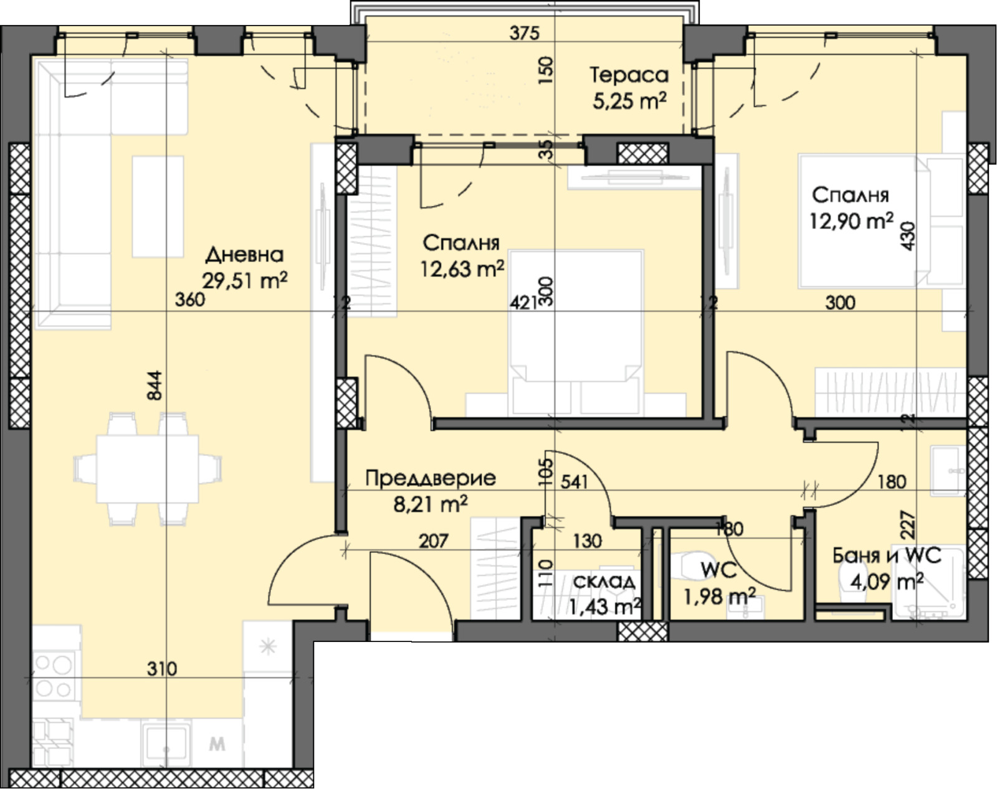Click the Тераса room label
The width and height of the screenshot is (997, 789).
(x=629, y=75)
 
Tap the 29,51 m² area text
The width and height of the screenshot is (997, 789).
(x=244, y=281)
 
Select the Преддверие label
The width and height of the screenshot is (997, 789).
(x=430, y=478)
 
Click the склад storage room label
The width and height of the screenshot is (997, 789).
(x=604, y=581)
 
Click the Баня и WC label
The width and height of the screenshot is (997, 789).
(x=886, y=555)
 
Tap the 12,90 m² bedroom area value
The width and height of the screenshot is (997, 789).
(x=851, y=220)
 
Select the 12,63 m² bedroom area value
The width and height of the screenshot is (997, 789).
(x=462, y=269)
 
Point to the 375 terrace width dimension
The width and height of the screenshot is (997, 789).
(x=523, y=32)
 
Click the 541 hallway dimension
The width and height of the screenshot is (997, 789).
(x=574, y=481)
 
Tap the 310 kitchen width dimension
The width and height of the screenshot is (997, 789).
(x=162, y=669)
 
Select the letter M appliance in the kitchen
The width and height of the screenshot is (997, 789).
(x=217, y=744)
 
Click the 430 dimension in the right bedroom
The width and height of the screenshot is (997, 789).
(x=909, y=236)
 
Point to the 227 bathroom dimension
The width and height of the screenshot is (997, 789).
(x=907, y=524)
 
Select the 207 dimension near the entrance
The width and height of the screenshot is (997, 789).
(x=433, y=541)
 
